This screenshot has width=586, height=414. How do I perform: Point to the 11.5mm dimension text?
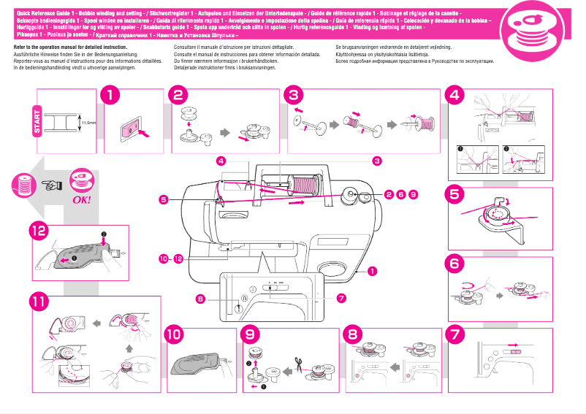click(88, 123)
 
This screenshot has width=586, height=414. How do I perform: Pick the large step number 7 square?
click(456, 334)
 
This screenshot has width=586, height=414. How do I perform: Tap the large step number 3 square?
click(293, 95)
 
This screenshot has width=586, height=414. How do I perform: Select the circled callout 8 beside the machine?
click(199, 298)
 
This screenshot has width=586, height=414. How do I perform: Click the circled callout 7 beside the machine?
click(341, 298)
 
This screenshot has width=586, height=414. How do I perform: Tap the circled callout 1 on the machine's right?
click(373, 271)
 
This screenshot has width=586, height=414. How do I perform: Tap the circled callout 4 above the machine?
click(221, 160)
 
